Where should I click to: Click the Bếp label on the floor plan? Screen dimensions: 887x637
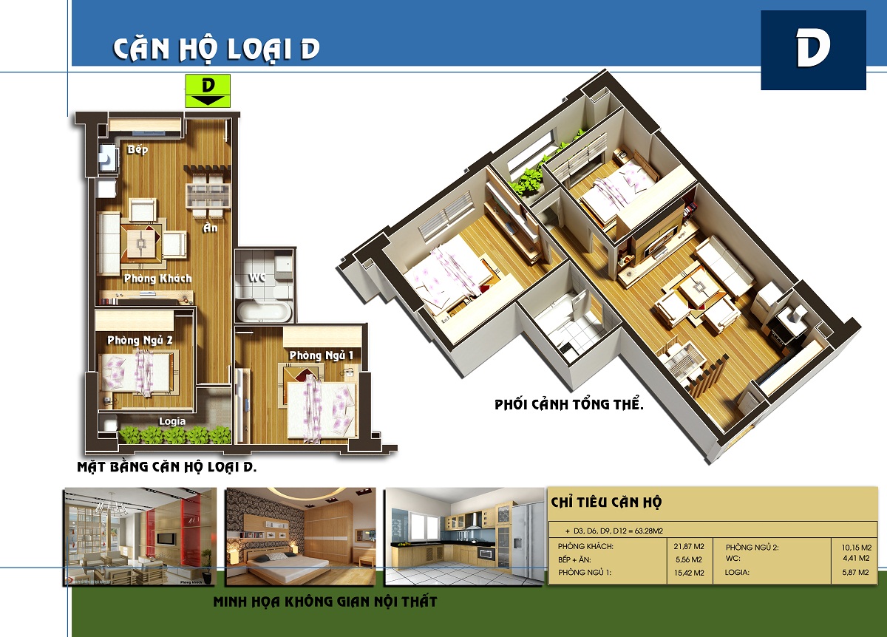click(x=137, y=150)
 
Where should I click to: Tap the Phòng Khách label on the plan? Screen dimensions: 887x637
click(x=157, y=279)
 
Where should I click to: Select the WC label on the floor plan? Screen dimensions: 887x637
click(x=256, y=278)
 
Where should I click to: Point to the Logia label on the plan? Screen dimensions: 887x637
click(x=172, y=421)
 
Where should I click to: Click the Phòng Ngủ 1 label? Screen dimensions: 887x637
click(x=321, y=355)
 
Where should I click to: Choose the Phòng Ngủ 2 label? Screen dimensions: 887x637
click(x=140, y=341)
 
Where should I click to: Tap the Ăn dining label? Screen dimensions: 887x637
click(x=210, y=228)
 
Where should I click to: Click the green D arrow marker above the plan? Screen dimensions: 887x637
click(x=208, y=91)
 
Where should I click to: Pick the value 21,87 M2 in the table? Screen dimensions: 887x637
click(x=689, y=546)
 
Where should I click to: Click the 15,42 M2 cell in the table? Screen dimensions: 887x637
click(x=689, y=573)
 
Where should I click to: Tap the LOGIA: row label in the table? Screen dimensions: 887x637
click(x=737, y=572)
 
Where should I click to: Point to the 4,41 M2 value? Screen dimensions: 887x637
click(x=856, y=558)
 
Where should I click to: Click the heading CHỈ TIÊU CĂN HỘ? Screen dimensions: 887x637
click(x=606, y=502)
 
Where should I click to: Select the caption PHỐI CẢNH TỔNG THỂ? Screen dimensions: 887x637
click(x=569, y=404)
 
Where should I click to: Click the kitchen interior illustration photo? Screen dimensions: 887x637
click(x=464, y=536)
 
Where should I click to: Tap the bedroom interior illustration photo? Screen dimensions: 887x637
click(x=301, y=536)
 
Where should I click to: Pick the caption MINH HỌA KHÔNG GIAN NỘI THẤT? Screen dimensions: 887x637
click(x=325, y=602)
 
